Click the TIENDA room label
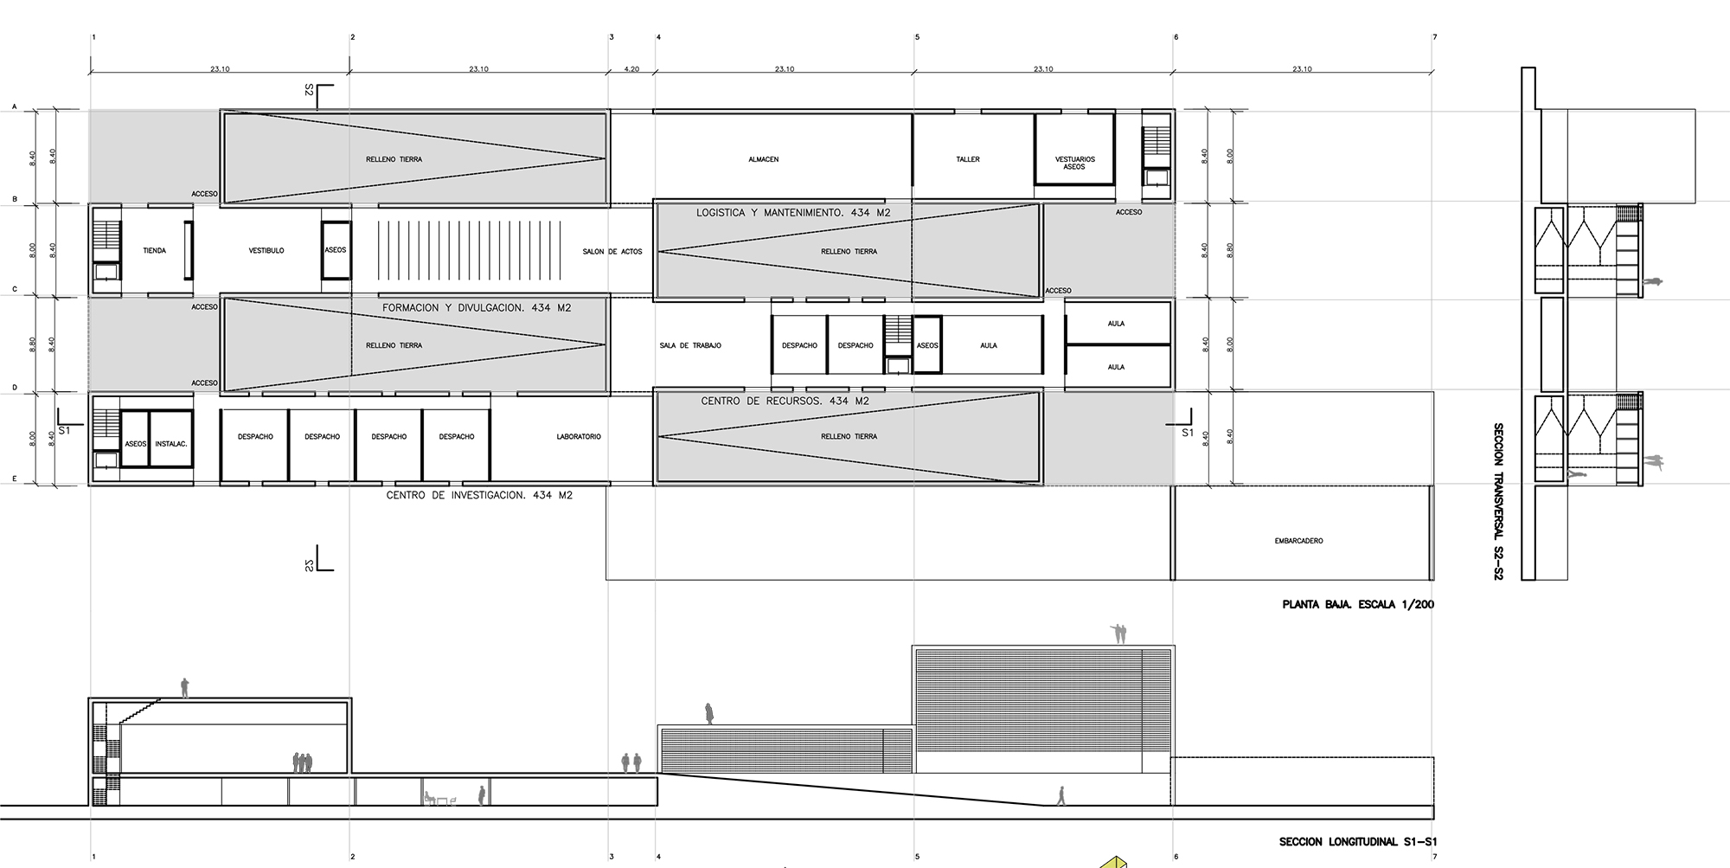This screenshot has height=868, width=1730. click(155, 251)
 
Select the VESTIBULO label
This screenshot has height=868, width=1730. click(266, 251)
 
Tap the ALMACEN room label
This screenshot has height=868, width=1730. click(764, 159)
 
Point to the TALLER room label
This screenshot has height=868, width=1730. click(968, 159)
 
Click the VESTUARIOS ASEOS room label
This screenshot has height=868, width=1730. click(1075, 163)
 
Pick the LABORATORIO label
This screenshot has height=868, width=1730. click(579, 437)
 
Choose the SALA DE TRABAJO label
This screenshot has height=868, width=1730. click(690, 345)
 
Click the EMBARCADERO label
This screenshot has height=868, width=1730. click(1299, 541)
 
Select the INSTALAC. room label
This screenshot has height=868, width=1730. click(171, 444)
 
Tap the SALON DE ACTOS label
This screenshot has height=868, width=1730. click(612, 252)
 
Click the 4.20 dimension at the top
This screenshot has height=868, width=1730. click(631, 68)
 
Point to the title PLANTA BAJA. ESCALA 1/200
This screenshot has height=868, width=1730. click(1358, 604)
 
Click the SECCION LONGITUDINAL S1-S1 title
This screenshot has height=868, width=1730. click(1358, 842)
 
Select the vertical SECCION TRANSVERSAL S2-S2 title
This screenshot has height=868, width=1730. click(1498, 501)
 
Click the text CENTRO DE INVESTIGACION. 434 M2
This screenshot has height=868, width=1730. click(479, 495)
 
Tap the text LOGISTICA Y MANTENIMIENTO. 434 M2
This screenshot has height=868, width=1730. click(793, 212)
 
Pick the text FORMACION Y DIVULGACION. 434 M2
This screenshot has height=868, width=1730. click(477, 307)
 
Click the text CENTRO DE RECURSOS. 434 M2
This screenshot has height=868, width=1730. click(785, 401)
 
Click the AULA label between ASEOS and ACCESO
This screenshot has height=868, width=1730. click(989, 345)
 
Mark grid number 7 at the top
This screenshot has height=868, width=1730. click(1435, 37)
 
